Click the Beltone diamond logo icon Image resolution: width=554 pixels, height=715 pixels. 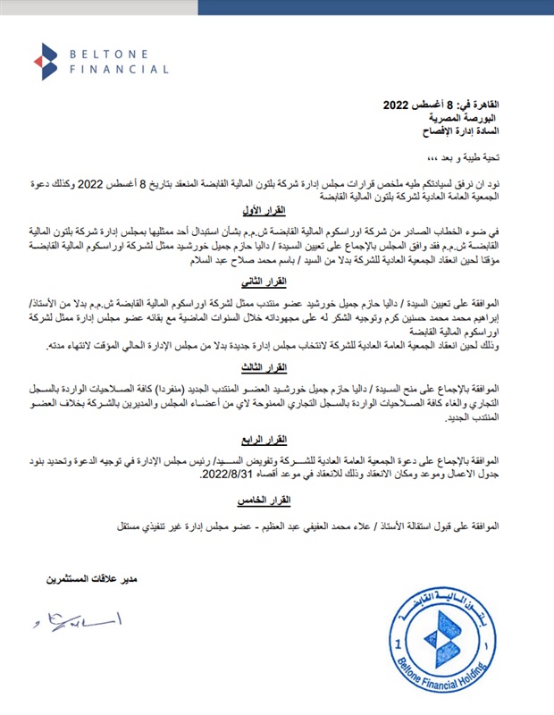45,62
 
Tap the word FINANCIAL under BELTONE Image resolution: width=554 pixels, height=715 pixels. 119,69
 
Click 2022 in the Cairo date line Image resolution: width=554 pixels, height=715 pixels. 385,105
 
